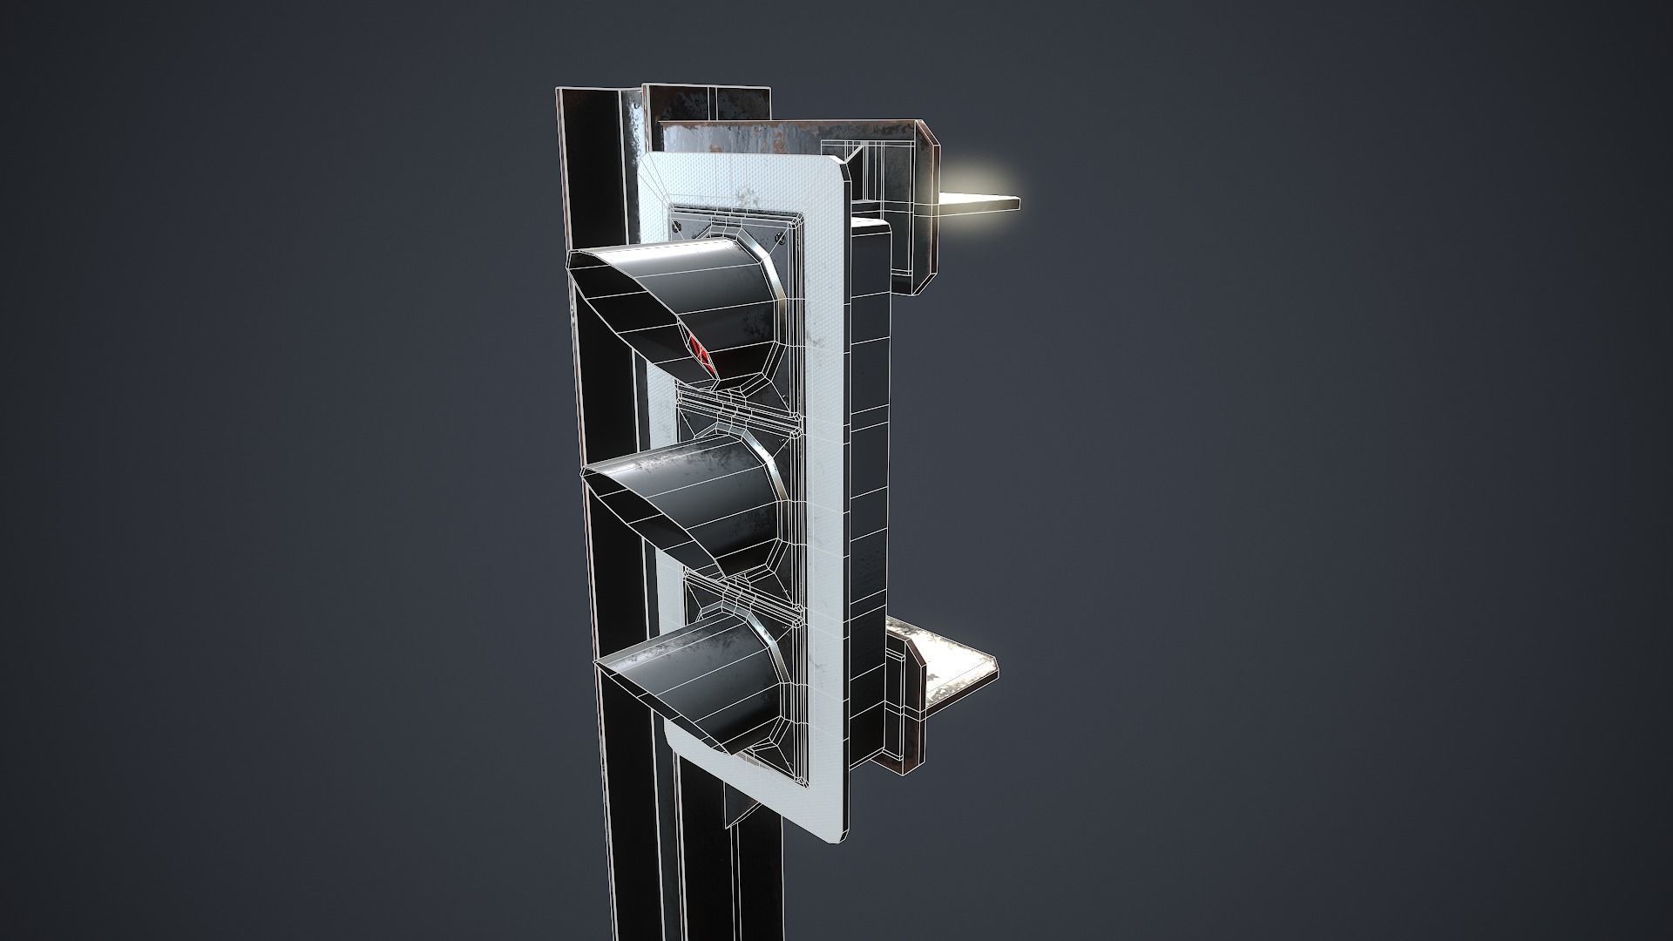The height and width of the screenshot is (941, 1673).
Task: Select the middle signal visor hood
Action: pos(697,501)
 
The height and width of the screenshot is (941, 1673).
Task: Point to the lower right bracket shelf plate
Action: pos(954,667)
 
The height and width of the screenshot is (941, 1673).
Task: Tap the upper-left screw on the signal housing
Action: pos(677,225)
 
